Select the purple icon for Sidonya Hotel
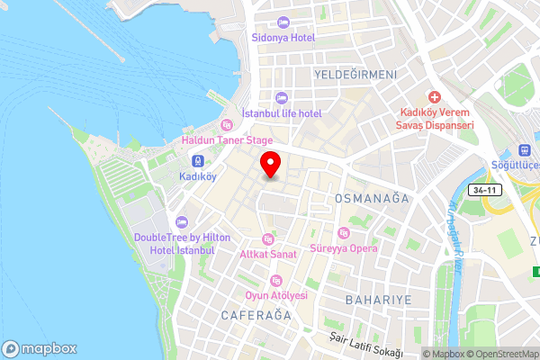pos(283,22)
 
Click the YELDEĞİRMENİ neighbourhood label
pos(355,74)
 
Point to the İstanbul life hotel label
pos(282,113)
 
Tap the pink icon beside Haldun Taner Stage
pos(226,124)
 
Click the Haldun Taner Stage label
pos(227,140)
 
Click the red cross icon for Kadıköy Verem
pos(435,96)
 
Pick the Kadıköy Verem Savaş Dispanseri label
pos(436,118)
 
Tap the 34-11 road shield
pos(484,190)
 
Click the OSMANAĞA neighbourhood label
pos(372,197)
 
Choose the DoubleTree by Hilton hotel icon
pos(182,221)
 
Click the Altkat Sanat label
pos(267,255)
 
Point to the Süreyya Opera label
pos(345,247)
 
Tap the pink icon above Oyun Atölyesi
pos(276,280)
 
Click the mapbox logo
pos(40,348)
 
